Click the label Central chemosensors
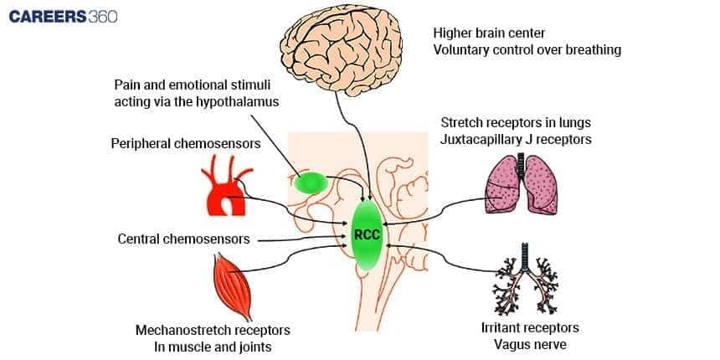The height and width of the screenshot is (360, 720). [x=183, y=239]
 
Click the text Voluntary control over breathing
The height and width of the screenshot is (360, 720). [x=527, y=49]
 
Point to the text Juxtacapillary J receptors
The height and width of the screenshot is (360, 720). [x=516, y=140]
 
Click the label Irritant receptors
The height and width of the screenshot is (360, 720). [x=530, y=327]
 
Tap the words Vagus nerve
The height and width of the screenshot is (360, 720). [x=530, y=344]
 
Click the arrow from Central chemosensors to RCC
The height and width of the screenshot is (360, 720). [x=302, y=239]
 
